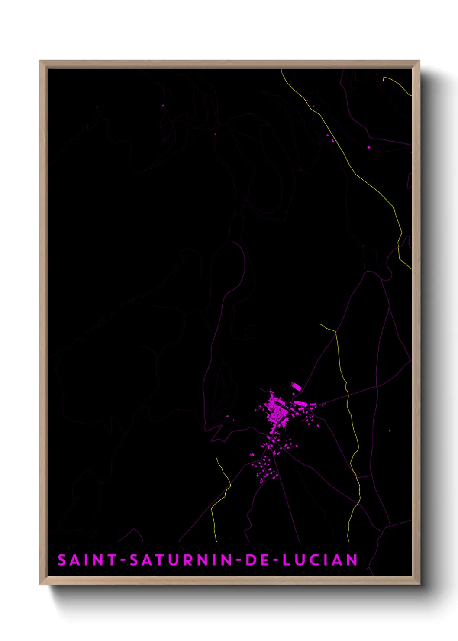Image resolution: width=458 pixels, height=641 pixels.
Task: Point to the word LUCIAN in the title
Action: [x=320, y=560]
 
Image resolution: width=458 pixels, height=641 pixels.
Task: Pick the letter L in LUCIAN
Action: [x=287, y=560]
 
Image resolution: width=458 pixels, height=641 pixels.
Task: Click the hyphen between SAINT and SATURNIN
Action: [x=123, y=560]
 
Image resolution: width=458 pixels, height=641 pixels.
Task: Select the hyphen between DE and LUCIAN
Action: [x=274, y=560]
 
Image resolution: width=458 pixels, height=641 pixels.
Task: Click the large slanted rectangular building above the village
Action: [x=296, y=386]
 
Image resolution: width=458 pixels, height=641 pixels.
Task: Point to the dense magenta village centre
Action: [x=274, y=409]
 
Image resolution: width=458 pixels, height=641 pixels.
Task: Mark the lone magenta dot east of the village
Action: [x=390, y=431]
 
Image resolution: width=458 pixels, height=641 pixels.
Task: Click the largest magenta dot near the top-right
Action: [x=369, y=147]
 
